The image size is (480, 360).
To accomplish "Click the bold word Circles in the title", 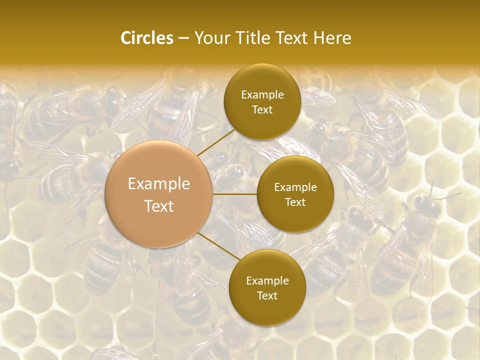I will tap(146, 38).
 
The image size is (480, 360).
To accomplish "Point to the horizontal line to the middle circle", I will tap(235, 194).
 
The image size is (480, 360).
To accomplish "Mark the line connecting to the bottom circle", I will tap(216, 246).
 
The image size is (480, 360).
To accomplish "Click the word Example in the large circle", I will tap(159, 184).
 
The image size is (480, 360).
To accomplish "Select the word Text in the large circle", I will tap(159, 206).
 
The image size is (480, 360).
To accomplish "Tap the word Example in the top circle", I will tap(262, 95).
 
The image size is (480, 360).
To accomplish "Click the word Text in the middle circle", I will tap(295, 202).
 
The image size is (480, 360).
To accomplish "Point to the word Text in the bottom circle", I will tap(267, 295).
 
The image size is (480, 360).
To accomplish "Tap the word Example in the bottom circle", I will tap(267, 280).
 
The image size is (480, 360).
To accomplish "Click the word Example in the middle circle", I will tap(295, 187).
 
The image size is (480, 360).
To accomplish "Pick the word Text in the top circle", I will tap(262, 110).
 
